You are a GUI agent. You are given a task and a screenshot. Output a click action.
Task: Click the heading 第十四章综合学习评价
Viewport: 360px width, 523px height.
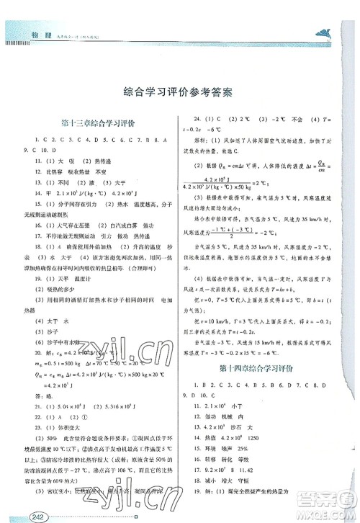click(256, 372)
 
